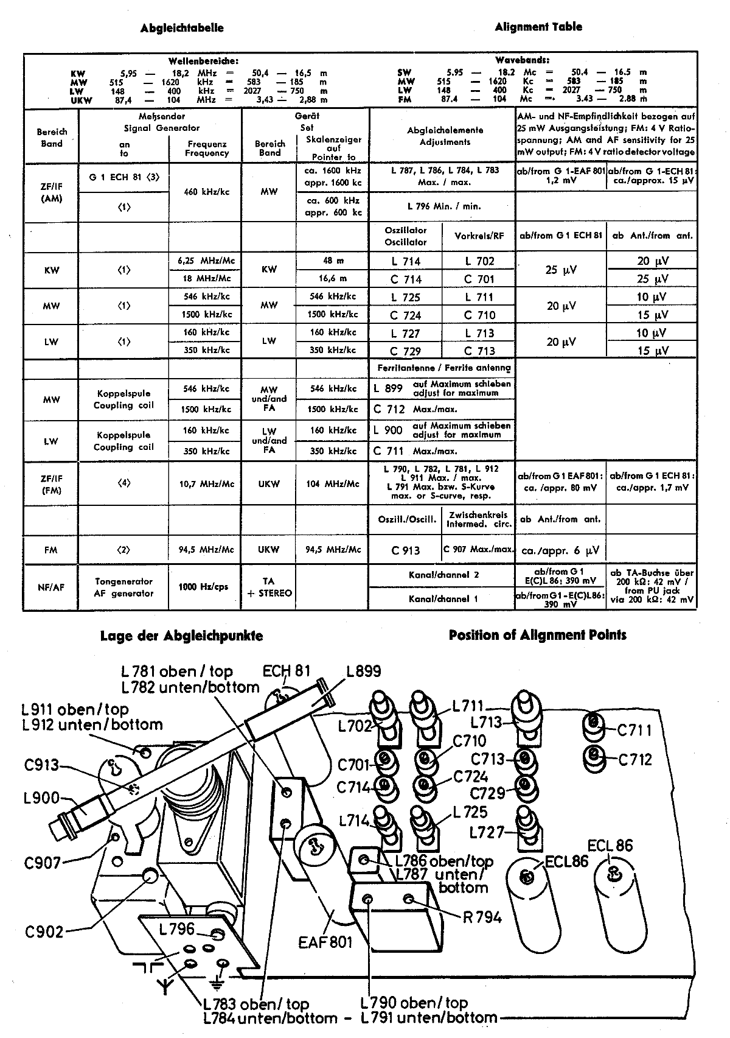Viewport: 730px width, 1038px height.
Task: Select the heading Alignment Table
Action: point(538,27)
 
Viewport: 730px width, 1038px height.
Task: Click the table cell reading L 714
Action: point(406,261)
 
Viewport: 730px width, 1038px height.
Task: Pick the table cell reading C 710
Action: point(479,315)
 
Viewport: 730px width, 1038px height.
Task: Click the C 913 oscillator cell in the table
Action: point(406,550)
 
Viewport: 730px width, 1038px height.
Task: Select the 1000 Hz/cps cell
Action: point(204,587)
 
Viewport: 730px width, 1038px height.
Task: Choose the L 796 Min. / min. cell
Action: point(441,206)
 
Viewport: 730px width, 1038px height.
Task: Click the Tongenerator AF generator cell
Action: point(123,587)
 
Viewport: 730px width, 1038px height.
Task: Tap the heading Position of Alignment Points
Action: point(537,635)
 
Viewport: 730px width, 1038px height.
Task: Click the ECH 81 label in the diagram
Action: point(286,671)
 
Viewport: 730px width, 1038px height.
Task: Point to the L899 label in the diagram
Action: point(363,671)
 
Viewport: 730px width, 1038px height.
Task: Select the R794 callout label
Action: point(482,917)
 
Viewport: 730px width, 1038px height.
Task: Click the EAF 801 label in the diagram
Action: point(325,942)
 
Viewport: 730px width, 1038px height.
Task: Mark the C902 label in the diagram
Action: point(44,931)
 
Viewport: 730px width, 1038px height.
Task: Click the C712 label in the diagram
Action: point(635,759)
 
